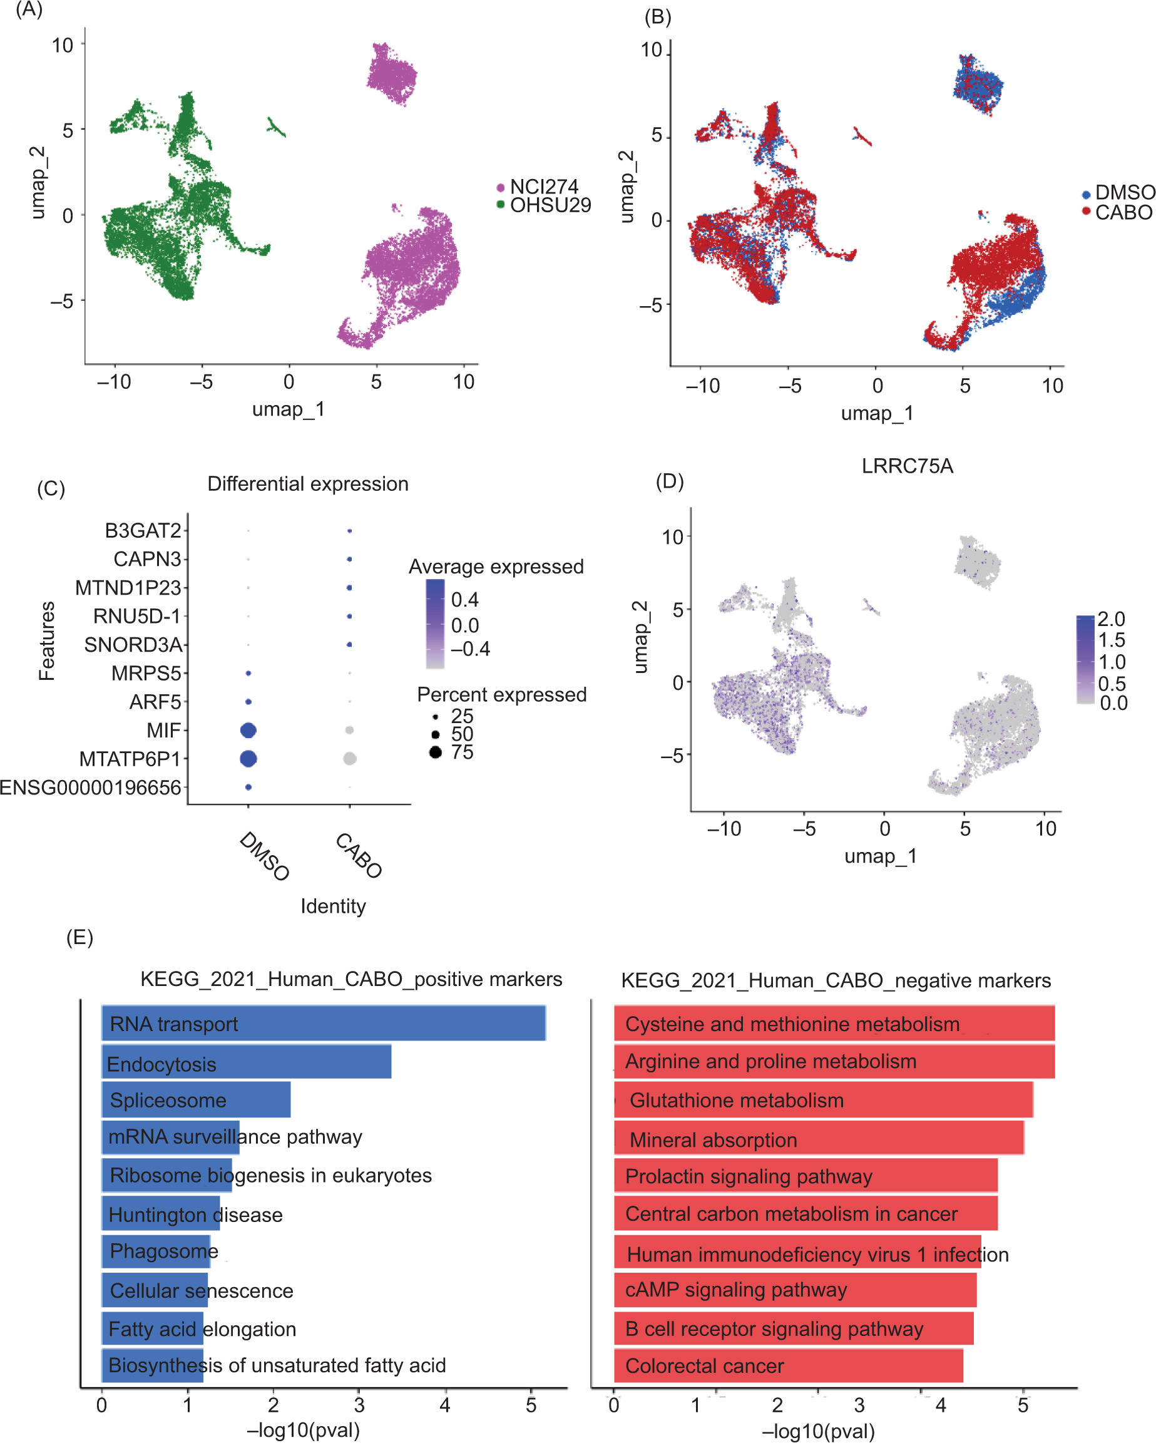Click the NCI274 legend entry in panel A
pos(543,186)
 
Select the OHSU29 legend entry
pos(550,205)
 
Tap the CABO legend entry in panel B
pos(1123,212)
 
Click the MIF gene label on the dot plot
pos(164,730)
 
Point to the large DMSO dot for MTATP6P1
pos(248,758)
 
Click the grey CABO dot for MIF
pos(349,730)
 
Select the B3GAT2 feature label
pos(143,531)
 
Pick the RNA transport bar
pos(323,1023)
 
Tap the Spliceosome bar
pos(196,1101)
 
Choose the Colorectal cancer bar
pos(788,1365)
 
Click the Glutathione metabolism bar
pos(823,1101)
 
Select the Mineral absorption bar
pos(819,1139)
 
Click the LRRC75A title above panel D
pos(906,466)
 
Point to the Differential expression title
pos(308,484)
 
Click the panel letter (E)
pos(79,938)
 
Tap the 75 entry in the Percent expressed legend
pos(462,752)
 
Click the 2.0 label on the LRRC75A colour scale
pos(1111,619)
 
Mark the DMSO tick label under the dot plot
pos(264,856)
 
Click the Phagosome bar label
pos(163,1250)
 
